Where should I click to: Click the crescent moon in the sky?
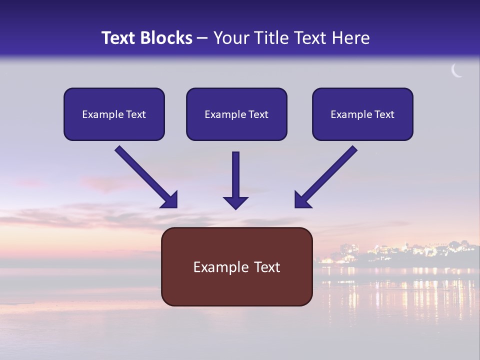pos(456,71)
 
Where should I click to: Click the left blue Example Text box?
pos(114,114)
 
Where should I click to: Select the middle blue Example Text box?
pos(236,114)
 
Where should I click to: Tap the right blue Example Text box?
pos(362,114)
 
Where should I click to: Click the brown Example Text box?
pos(236,266)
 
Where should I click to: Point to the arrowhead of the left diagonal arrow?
pos(170,200)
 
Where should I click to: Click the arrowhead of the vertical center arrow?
pos(235,202)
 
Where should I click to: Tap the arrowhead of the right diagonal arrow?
pos(302,200)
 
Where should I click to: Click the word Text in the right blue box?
pos(384,114)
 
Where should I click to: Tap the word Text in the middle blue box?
pos(258,114)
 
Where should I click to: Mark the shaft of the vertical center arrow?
pos(235,172)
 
